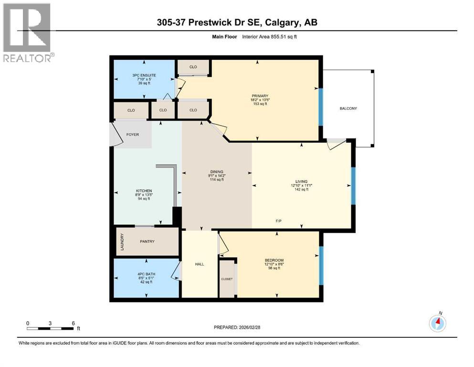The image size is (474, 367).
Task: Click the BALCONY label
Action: pyautogui.click(x=348, y=108)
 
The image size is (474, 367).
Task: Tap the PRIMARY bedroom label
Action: pyautogui.click(x=257, y=96)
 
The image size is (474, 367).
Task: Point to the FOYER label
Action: pyautogui.click(x=133, y=135)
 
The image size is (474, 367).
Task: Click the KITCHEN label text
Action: pyautogui.click(x=143, y=191)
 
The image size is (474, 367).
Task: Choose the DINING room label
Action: pyautogui.click(x=217, y=172)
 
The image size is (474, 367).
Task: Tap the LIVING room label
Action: pyautogui.click(x=301, y=181)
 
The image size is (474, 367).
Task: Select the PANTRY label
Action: pyautogui.click(x=147, y=241)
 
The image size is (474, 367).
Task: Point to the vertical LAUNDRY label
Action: pyautogui.click(x=122, y=242)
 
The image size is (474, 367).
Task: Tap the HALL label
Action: pyautogui.click(x=200, y=264)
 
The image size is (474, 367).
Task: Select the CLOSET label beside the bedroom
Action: pyautogui.click(x=227, y=278)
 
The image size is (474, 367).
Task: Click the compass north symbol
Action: pyautogui.click(x=437, y=324)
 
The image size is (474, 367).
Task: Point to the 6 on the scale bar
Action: pyautogui.click(x=73, y=323)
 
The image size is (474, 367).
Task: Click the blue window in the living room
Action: pyautogui.click(x=353, y=186)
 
